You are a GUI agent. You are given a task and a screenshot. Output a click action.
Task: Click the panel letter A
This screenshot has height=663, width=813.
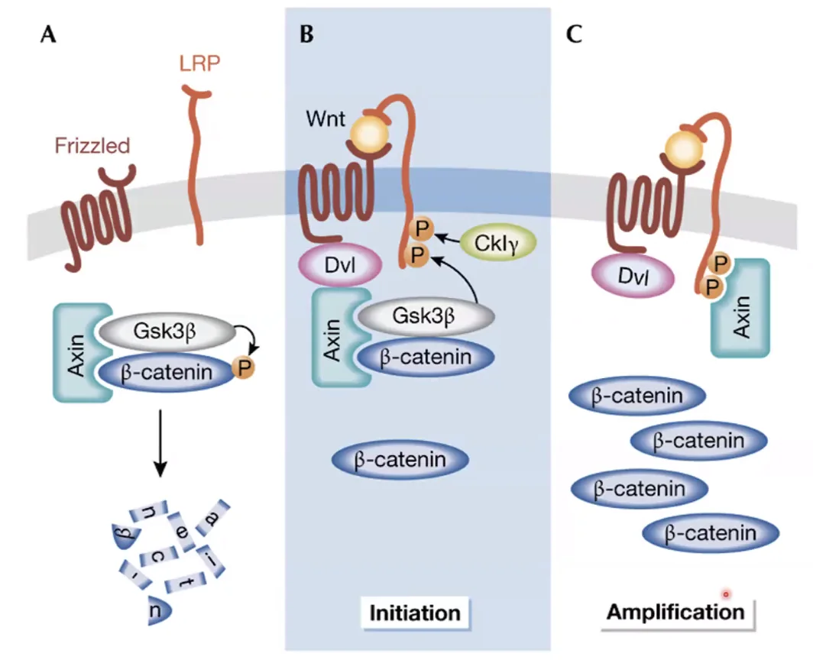tap(47, 34)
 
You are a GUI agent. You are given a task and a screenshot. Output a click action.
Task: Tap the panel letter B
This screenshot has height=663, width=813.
tap(306, 34)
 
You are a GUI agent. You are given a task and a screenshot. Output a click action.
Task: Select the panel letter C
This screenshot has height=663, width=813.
tap(574, 34)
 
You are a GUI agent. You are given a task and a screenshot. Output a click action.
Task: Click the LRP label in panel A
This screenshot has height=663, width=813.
tap(199, 63)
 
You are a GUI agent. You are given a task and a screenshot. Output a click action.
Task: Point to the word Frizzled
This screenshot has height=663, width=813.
tap(92, 146)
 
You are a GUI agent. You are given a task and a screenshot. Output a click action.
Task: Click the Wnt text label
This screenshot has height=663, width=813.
tap(325, 118)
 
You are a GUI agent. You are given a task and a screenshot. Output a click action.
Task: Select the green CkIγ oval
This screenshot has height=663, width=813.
tap(497, 243)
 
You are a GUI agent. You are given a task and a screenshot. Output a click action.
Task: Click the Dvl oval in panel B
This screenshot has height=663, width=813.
tap(340, 265)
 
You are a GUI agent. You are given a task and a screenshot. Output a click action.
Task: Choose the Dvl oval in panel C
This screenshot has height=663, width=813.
tap(633, 276)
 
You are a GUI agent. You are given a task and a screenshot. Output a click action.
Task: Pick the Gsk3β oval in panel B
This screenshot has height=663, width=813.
tap(425, 316)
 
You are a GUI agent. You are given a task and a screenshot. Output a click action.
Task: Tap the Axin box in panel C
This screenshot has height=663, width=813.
tap(740, 309)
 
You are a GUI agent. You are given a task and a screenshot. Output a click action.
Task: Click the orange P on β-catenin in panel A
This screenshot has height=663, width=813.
tap(244, 368)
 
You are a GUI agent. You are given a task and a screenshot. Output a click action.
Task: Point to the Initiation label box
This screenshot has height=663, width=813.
tap(415, 613)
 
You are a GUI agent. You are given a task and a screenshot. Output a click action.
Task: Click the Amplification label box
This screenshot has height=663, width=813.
tap(677, 612)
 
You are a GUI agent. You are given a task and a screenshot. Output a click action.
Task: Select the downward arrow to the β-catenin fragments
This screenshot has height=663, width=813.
tap(160, 443)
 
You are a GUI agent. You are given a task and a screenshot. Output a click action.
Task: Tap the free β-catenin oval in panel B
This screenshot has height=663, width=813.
tap(400, 460)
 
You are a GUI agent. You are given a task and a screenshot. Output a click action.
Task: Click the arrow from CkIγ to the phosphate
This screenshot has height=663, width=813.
tap(448, 239)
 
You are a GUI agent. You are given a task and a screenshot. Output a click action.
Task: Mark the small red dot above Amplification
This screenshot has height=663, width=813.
tap(726, 594)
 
